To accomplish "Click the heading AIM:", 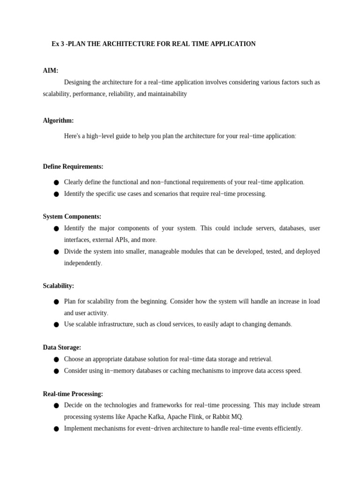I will coord(51,70).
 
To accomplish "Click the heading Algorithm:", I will coord(58,120).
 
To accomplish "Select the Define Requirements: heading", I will coord(73,166).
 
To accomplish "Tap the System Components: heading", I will coord(72,217).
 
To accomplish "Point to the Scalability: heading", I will coord(58,285).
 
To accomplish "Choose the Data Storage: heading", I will coord(62,347).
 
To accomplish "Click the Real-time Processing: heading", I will coord(73,394).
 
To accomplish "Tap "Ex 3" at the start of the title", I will coord(58,44).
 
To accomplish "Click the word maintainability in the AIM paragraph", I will coord(167,94).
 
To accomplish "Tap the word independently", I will coord(82,263).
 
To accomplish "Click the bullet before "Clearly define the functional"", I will coord(56,182).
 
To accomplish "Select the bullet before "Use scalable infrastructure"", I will coord(56,324).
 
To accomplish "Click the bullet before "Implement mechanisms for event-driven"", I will coord(56,428).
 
